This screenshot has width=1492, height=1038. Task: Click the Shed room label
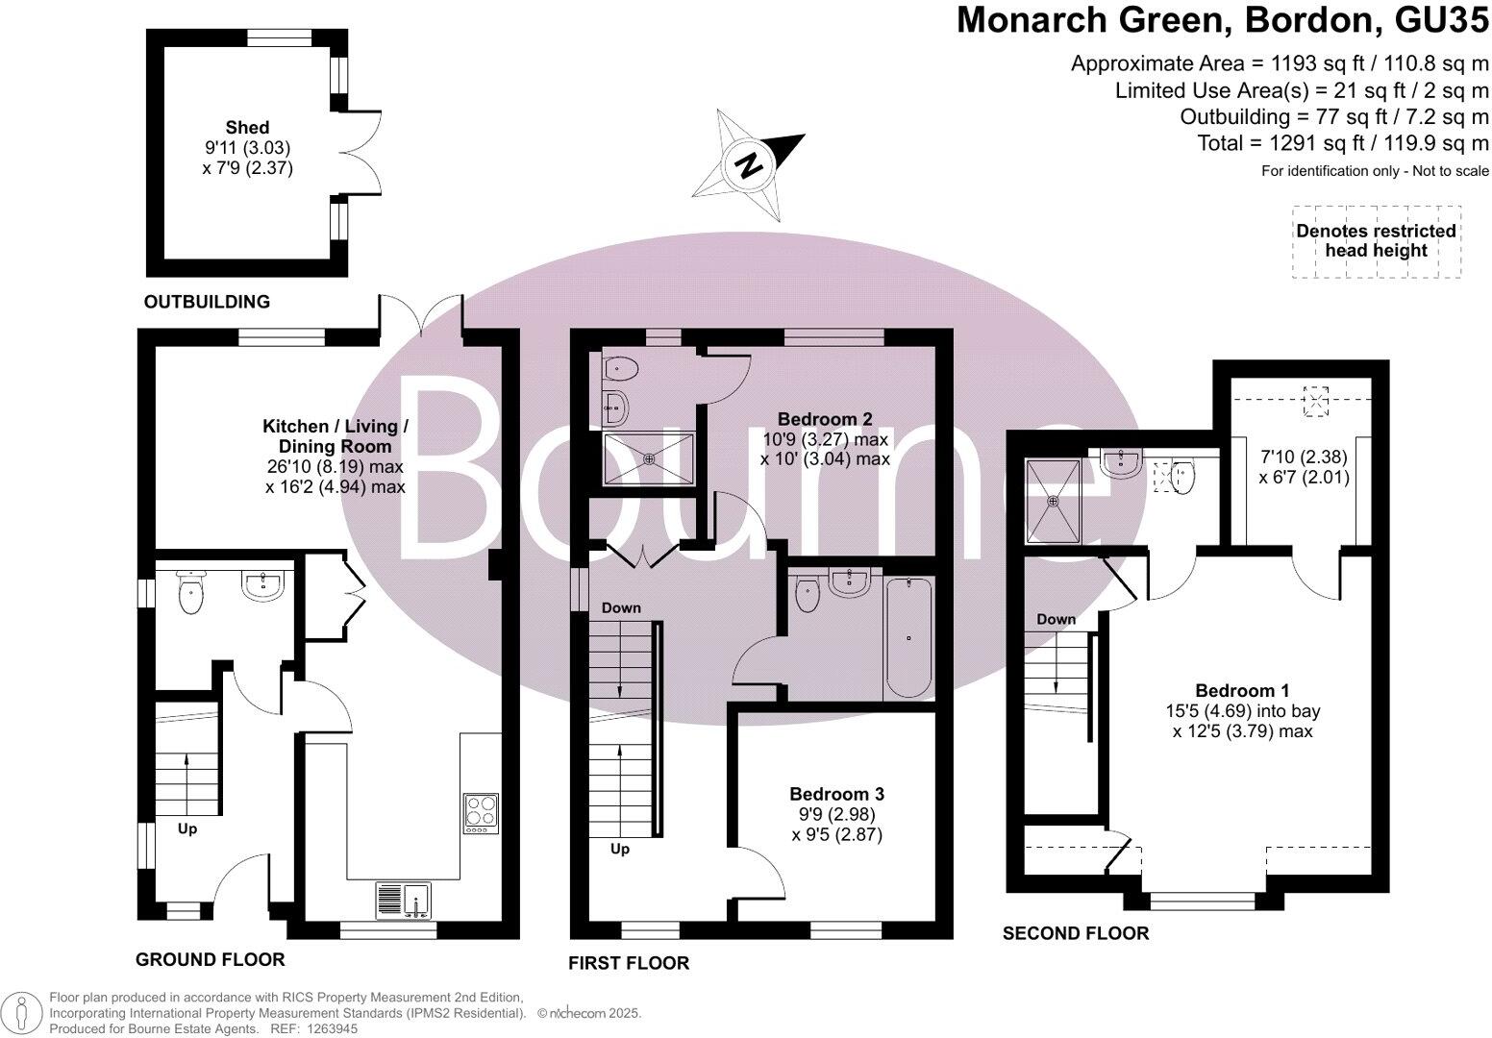click(x=247, y=127)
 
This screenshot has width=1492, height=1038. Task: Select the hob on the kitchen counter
click(x=481, y=812)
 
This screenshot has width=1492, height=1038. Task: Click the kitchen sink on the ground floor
click(x=404, y=901)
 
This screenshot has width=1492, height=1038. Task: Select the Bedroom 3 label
click(x=836, y=794)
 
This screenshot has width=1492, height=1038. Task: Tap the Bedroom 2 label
click(x=824, y=419)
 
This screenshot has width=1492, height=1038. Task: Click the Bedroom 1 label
click(x=1242, y=690)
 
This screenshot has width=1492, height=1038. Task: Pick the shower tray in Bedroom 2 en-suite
click(x=648, y=458)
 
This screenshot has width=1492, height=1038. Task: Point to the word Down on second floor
click(x=1056, y=619)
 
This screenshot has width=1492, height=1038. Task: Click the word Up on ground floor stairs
click(x=187, y=828)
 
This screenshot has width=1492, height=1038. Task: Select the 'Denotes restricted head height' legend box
click(x=1376, y=241)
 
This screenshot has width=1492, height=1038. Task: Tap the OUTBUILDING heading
click(x=207, y=302)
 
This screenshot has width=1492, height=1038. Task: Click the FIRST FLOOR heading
click(x=629, y=962)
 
